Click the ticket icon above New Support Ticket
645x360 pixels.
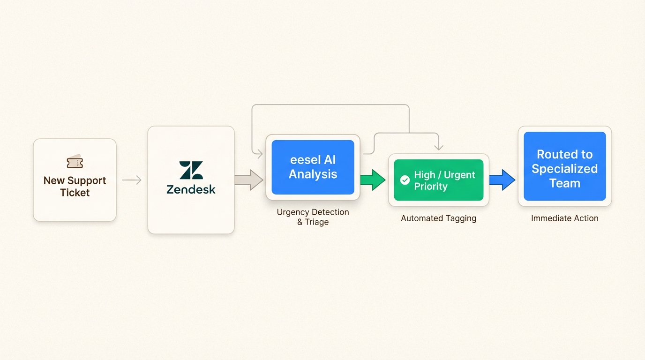coord(75,162)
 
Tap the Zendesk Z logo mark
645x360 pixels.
coord(191,170)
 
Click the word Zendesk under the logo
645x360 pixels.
coord(191,189)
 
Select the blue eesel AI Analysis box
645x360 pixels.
coord(313,167)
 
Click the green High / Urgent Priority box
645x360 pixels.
coord(438,180)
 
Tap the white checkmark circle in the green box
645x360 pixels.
coord(405,180)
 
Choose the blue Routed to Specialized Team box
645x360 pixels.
coord(564,166)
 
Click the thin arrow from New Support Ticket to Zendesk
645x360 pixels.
coord(132,180)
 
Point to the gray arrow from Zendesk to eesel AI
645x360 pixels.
coord(249,180)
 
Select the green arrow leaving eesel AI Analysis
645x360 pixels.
coord(373,180)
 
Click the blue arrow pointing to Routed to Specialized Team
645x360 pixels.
coord(502,180)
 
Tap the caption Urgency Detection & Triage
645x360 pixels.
coord(313,217)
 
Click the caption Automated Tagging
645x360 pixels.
coord(438,218)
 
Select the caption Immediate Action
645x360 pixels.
coord(564,218)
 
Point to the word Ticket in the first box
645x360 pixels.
coord(75,193)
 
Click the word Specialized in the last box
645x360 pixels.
coord(564,169)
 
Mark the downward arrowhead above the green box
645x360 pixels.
coord(439,147)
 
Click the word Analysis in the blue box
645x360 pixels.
coord(313,174)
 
